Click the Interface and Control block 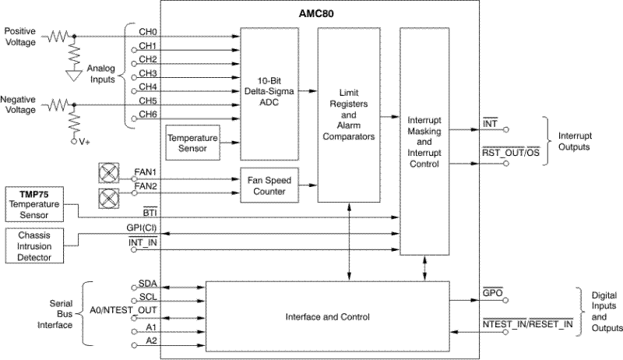327,316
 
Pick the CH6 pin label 147,115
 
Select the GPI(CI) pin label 143,228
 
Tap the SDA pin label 146,285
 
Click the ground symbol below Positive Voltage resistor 74,76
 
